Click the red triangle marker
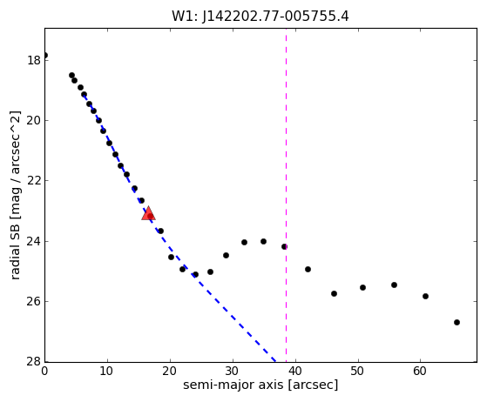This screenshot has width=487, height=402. (148, 213)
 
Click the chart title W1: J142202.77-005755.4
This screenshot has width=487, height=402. (260, 17)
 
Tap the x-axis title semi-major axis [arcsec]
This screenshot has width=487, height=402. (260, 385)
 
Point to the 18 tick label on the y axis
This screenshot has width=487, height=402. (34, 60)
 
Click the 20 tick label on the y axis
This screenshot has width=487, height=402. (34, 120)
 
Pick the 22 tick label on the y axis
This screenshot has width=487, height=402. (34, 180)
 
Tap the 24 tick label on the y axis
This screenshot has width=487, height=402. (34, 241)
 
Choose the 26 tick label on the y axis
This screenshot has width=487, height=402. (34, 301)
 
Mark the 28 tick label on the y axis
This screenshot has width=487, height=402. (34, 361)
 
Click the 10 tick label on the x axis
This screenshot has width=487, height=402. (107, 371)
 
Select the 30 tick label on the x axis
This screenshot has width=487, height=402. (232, 371)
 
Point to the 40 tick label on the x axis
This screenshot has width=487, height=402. (295, 371)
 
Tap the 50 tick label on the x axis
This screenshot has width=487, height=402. (357, 371)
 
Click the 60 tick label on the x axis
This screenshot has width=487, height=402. (420, 371)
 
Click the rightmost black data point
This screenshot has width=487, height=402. (457, 323)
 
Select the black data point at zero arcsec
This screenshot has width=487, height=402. (45, 56)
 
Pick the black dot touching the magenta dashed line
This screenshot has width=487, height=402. (285, 247)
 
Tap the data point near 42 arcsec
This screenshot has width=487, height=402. (308, 269)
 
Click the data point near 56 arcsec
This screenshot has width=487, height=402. (394, 285)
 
